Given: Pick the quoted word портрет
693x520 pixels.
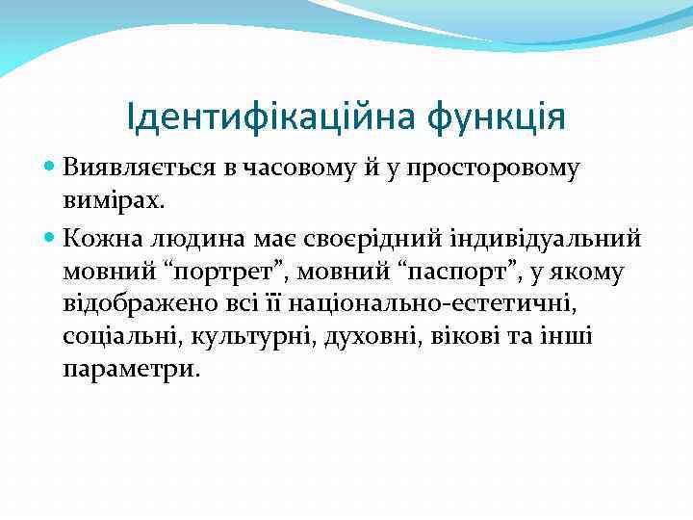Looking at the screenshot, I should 220,273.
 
